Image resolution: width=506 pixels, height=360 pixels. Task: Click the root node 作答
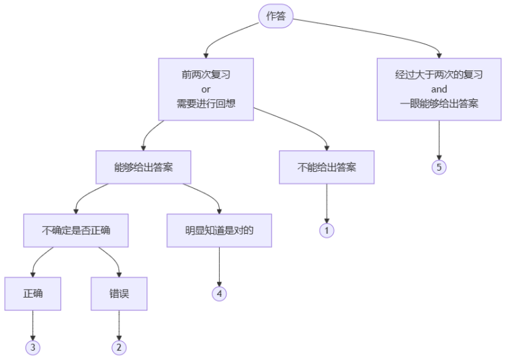pos(276,16)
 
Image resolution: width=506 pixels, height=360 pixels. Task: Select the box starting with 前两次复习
pos(206,89)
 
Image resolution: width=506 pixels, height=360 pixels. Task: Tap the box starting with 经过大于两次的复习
pos(439,89)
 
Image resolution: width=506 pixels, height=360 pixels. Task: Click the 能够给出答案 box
pos(143,167)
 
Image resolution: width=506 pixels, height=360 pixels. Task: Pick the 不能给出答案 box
pos(327,167)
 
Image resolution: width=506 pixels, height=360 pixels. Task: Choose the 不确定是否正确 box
pos(76,230)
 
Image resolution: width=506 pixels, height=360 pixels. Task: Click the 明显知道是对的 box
pos(219,230)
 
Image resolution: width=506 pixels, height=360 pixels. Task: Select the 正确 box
pos(32,294)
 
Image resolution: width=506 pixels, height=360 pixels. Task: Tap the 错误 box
pos(119,294)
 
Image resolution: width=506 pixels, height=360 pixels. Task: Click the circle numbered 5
pos(439,167)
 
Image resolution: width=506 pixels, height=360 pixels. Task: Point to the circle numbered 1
pos(327,230)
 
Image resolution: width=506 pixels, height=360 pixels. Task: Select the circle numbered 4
pos(219,294)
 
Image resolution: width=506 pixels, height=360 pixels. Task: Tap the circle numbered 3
pos(32,347)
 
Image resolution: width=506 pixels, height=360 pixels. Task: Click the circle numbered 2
pos(119,347)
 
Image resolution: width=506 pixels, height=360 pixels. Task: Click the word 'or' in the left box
pos(206,89)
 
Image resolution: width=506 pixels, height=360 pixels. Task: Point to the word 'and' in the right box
pos(439,89)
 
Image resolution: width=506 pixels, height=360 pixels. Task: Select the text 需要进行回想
pos(206,104)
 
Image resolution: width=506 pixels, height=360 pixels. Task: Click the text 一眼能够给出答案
pos(439,104)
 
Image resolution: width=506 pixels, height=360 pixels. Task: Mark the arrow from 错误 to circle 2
pos(119,325)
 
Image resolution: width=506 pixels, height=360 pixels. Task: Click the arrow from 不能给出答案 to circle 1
pos(327,202)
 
